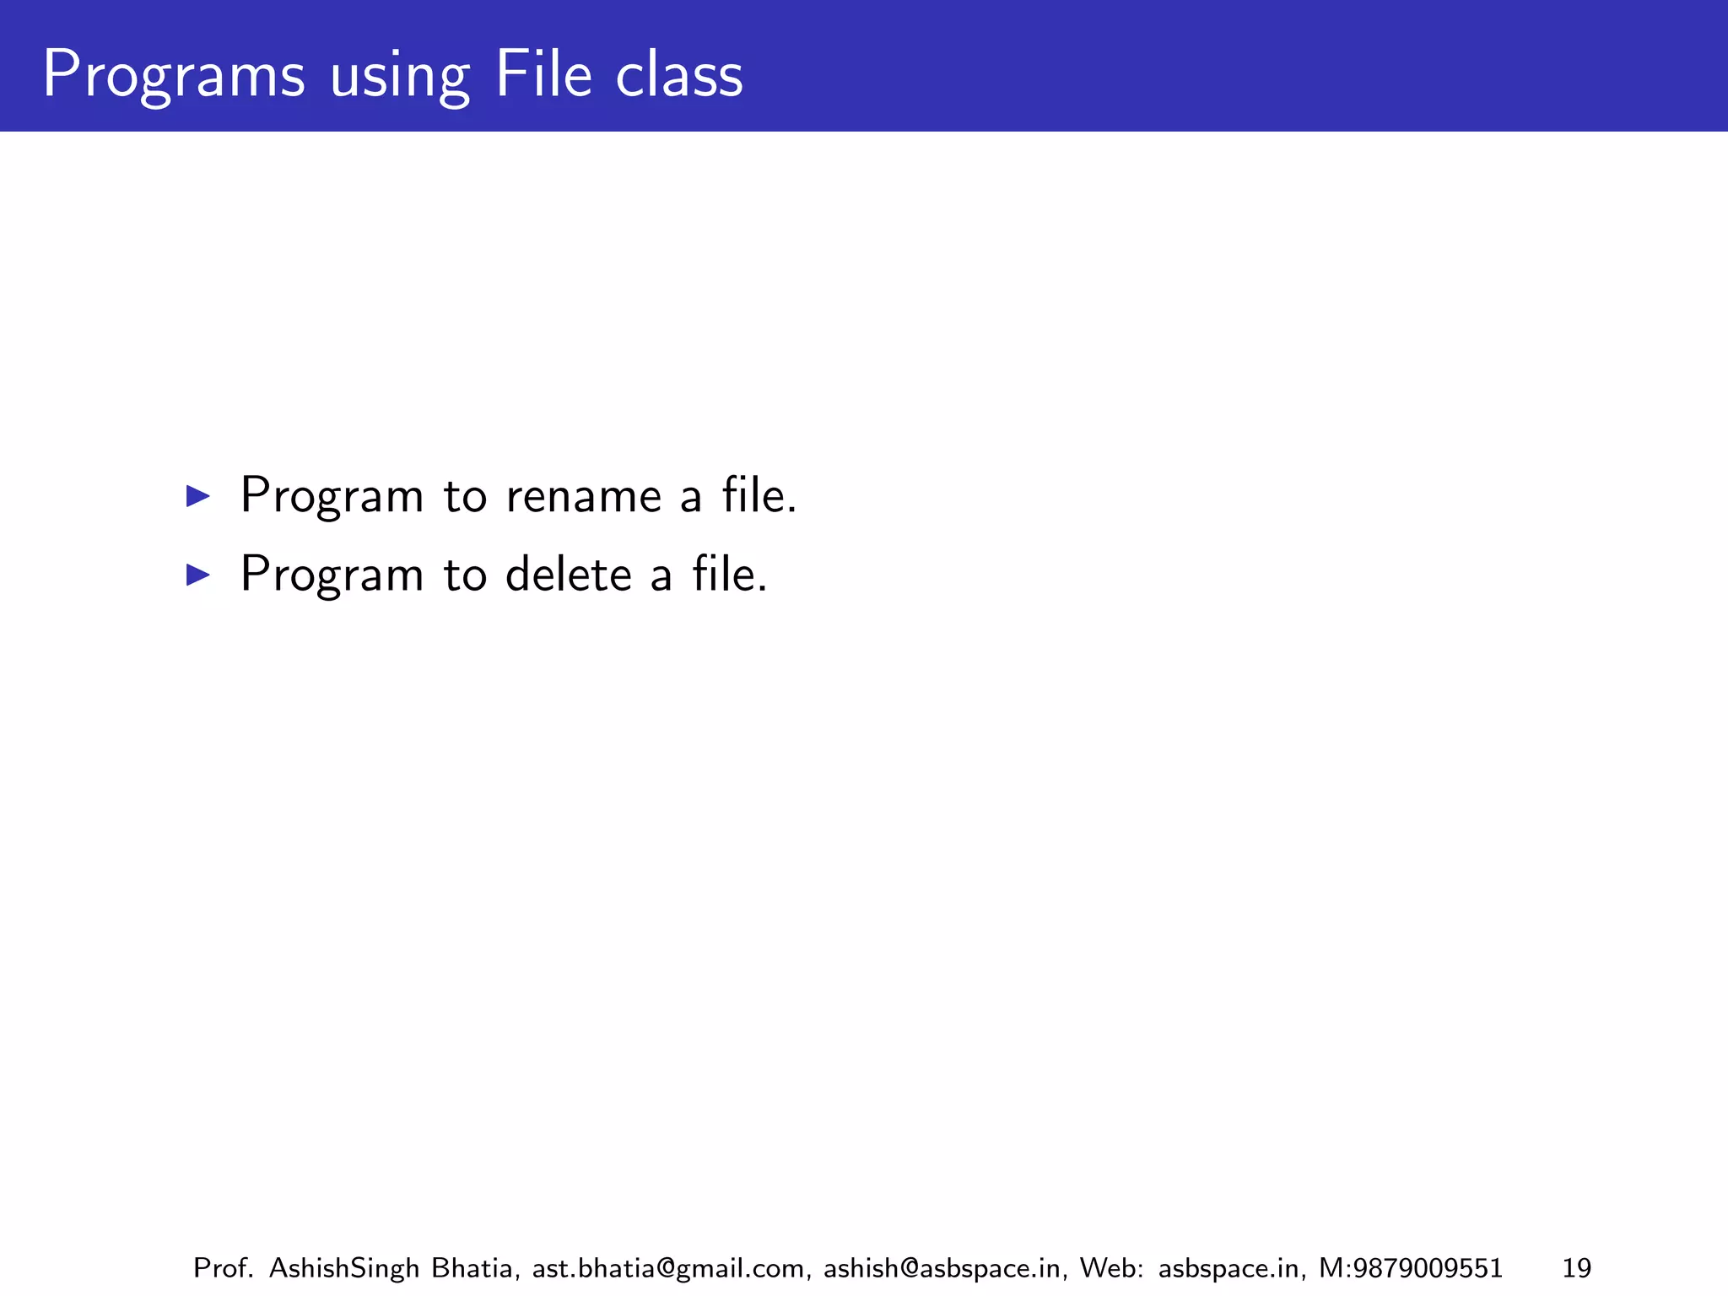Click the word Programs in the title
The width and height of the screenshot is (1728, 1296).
[173, 76]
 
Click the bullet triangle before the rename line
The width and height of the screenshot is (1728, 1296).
[197, 496]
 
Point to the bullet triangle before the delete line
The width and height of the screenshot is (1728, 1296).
[197, 575]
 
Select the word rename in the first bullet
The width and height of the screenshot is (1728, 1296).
[583, 496]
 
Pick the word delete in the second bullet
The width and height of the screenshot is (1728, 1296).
[568, 575]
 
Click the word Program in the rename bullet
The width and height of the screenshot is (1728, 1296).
[332, 496]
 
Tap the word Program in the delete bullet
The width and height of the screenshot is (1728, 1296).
[332, 575]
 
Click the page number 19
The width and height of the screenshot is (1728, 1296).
[1576, 1268]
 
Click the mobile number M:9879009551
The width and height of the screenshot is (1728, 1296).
[1410, 1268]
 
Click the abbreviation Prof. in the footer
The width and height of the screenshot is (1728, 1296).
[224, 1268]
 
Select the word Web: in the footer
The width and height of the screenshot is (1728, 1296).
[1111, 1268]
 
